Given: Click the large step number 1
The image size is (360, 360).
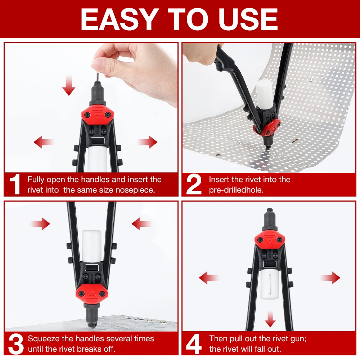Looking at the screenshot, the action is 15,185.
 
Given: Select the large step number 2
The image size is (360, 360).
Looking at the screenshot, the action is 194,185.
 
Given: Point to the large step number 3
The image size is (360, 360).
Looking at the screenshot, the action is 16,344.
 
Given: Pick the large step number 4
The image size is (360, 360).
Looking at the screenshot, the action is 194,344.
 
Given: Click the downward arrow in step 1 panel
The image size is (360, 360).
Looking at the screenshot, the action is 69,86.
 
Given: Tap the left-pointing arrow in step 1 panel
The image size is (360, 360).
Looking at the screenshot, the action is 44,142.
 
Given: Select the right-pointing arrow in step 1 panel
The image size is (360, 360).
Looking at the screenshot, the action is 147,142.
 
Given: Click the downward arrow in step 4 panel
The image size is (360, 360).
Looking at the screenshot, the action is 270,319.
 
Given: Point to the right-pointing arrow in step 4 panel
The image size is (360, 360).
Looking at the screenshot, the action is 330,278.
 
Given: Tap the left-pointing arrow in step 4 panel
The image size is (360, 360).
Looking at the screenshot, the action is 209,278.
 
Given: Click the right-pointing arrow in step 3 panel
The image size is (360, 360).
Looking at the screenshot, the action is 40,224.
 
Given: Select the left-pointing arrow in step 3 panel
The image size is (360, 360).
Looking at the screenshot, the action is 141,224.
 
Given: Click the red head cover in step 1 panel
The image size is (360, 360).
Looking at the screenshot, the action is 97,115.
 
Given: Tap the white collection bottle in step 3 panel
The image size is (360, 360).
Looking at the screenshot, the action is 91,246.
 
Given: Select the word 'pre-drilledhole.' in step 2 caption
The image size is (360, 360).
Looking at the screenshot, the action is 236,190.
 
